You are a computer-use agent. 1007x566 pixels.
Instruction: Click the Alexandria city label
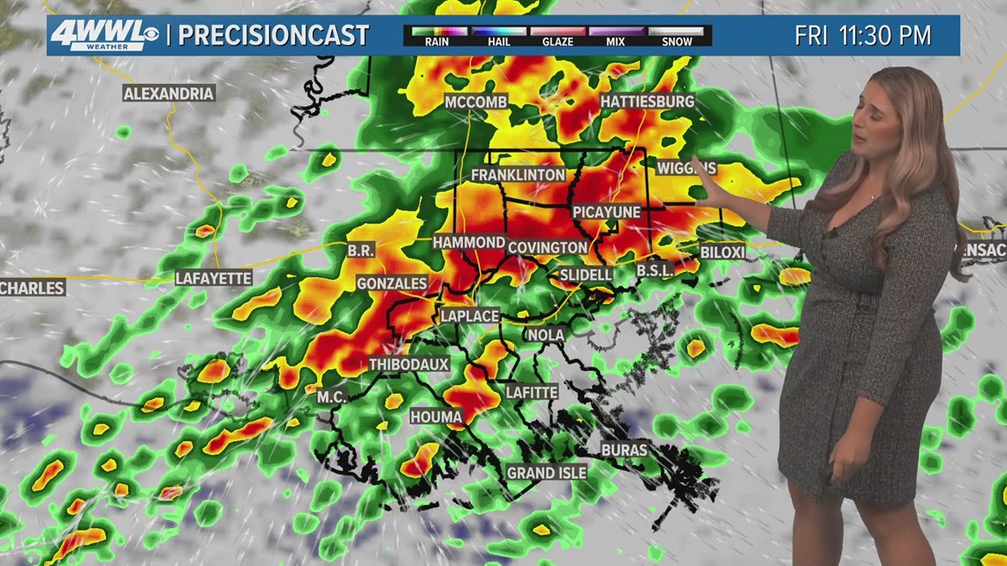(169, 93)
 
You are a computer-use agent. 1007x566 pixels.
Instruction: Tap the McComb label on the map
(476, 102)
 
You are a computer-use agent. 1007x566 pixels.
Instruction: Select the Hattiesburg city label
(647, 102)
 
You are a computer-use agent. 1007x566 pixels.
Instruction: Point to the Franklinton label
(518, 175)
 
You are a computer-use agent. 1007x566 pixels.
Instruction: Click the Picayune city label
(606, 212)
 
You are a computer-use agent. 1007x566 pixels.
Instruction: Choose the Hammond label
(468, 242)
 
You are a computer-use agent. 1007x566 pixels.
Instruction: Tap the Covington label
(548, 247)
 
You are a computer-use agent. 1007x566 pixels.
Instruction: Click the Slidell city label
(586, 275)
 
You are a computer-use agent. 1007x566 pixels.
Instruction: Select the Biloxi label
(723, 253)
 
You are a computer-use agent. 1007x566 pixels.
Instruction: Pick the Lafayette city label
(214, 277)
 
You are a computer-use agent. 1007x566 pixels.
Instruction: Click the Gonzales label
(392, 283)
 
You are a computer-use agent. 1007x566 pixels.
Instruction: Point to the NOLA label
(545, 335)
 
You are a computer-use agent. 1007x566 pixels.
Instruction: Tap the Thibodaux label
(409, 364)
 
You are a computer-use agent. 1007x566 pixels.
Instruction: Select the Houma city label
(436, 416)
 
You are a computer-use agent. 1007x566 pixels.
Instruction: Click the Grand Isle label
(547, 472)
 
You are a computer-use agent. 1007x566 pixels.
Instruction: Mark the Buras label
(625, 449)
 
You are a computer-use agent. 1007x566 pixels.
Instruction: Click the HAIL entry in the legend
(498, 36)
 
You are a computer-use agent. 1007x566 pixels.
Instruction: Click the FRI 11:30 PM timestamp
(863, 36)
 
